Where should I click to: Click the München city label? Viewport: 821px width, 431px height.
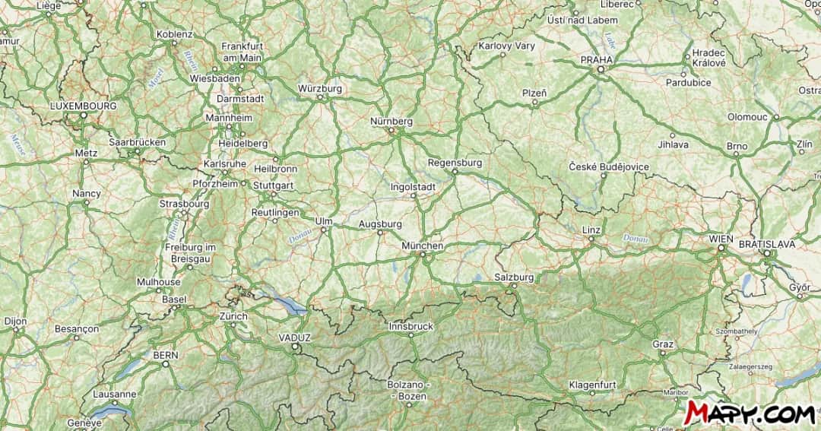423,246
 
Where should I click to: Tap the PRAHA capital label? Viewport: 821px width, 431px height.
597,59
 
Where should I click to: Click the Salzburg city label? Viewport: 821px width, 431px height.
513,277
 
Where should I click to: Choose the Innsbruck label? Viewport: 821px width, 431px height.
410,326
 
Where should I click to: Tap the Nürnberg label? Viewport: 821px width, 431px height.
391,122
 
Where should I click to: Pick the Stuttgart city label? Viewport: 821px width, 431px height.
273,185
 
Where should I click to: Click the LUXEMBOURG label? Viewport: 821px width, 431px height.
83,106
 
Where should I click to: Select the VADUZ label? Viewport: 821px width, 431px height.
295,338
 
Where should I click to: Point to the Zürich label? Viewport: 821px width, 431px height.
233,316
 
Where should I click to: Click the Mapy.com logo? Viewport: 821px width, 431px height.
748,413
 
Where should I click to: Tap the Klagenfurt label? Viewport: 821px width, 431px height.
592,385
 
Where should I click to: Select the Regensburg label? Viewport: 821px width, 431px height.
455,163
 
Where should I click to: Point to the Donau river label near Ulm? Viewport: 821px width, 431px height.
297,239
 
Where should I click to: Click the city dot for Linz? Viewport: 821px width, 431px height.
591,239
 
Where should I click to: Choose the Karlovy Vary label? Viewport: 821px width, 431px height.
506,46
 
